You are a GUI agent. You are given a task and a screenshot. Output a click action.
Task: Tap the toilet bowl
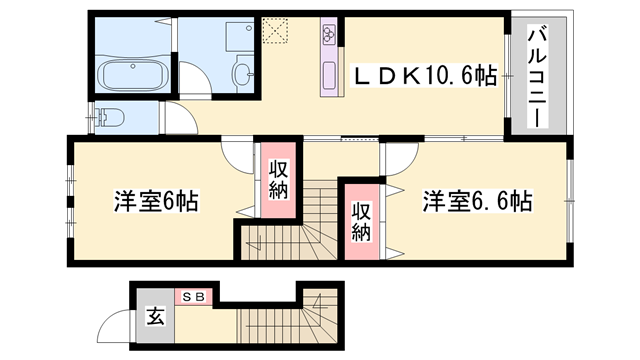[x=110, y=118]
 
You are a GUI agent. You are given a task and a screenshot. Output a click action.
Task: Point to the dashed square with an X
[x=273, y=33]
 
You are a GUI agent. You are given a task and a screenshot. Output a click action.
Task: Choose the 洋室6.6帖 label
[x=475, y=200]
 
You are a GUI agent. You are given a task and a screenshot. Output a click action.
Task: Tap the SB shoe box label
[x=193, y=297]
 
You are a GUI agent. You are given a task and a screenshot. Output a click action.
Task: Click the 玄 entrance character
[x=156, y=317]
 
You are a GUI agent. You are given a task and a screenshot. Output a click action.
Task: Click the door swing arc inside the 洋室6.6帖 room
[x=397, y=158]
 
